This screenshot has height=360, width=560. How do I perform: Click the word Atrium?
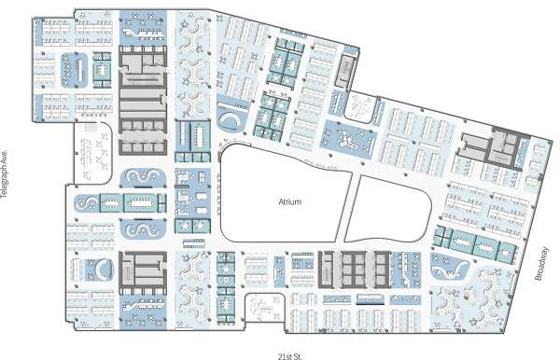[289, 202]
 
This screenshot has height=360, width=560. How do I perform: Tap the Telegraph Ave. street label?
[5, 173]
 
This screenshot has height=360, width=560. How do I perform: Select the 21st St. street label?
[290, 356]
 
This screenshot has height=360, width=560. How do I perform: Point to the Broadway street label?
[541, 263]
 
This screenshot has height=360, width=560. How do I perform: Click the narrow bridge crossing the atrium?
[349, 208]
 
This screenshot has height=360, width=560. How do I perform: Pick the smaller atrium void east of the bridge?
[389, 210]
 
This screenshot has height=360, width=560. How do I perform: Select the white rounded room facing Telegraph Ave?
[93, 153]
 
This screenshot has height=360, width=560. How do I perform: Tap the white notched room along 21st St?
[265, 308]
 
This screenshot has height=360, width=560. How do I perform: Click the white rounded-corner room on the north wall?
[360, 107]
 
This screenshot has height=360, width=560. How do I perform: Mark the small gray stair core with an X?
[345, 70]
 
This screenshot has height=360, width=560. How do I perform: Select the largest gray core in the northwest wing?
[143, 101]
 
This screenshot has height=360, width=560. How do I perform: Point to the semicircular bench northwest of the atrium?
[231, 119]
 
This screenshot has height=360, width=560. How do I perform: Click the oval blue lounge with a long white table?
[75, 70]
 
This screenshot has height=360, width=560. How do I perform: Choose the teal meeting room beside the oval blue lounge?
[102, 70]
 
